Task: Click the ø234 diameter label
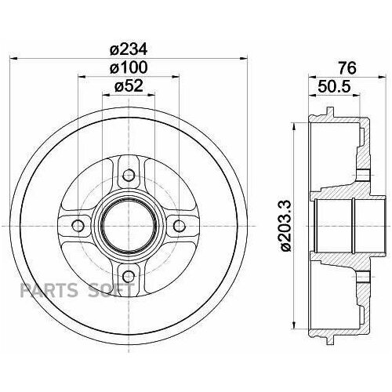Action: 129,49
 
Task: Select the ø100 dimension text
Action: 129,68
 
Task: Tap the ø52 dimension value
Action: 129,86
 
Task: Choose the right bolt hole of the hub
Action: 180,227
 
